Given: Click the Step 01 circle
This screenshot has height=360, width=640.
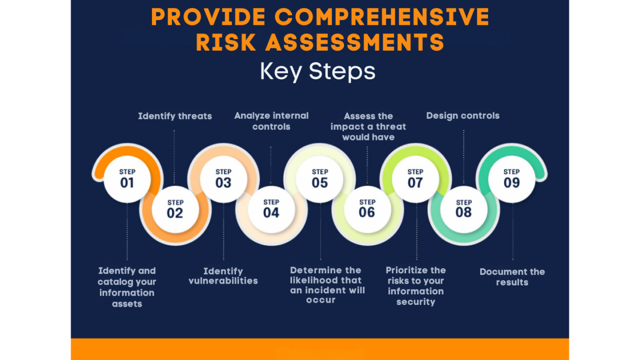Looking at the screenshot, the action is click(127, 180).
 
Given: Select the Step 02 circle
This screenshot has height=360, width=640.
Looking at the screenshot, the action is click(175, 210).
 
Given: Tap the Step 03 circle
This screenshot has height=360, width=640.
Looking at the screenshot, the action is click(224, 180).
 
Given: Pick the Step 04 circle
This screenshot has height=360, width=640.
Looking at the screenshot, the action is click(272, 210).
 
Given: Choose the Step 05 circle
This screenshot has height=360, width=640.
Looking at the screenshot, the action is click(320, 180).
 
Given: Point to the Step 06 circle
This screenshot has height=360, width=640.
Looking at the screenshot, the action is click(368, 210).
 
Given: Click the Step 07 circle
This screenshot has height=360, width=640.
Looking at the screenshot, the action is click(416, 180).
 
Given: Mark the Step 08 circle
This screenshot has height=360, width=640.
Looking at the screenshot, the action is click(464, 210).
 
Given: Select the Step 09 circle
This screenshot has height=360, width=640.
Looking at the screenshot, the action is click(512, 180).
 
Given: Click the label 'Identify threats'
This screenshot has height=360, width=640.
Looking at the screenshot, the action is click(175, 116).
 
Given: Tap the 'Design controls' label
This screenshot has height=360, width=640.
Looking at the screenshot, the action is click(463, 116).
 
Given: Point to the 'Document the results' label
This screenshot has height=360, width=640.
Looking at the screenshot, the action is click(512, 277).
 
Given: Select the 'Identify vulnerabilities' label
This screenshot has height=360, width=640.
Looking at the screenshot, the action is click(223, 276).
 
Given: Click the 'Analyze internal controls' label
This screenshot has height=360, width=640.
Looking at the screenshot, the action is click(272, 121).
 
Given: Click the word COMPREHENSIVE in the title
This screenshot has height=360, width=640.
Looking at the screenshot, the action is click(382, 17).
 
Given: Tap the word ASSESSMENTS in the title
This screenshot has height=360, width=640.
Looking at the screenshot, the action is click(355, 42).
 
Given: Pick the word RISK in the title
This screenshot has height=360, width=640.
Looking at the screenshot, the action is click(226, 42).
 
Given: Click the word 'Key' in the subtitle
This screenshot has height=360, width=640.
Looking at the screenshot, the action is click(280, 72).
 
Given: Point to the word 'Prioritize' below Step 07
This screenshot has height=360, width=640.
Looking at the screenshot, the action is click(404, 270).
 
